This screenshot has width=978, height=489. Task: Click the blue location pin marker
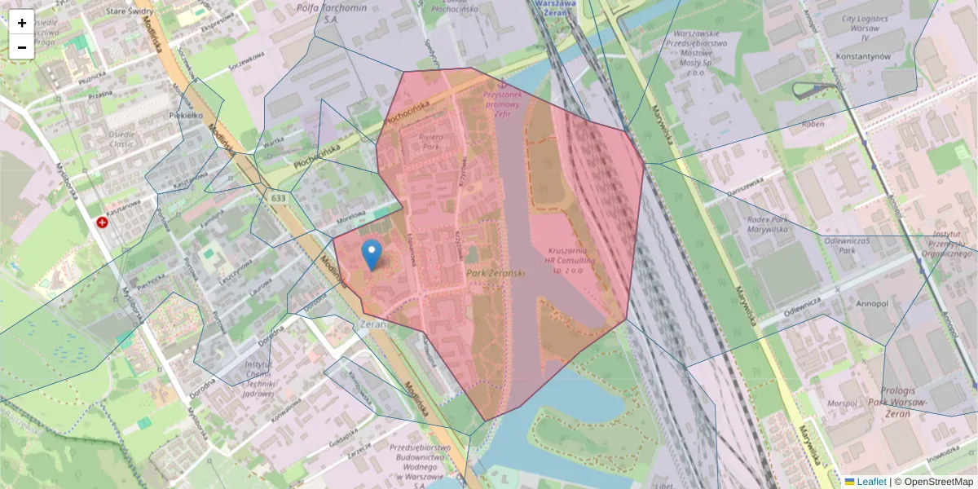[x=372, y=254]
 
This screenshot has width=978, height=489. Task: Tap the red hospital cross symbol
[x=103, y=222]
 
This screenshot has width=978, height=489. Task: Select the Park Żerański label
[x=496, y=275]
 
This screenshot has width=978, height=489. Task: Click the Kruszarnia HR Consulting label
[x=572, y=260]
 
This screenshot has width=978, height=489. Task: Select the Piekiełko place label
[x=185, y=116]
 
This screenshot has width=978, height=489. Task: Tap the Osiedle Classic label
[x=123, y=139]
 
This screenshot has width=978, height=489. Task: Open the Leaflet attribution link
[x=870, y=482]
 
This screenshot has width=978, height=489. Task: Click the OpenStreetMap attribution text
[x=938, y=482]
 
